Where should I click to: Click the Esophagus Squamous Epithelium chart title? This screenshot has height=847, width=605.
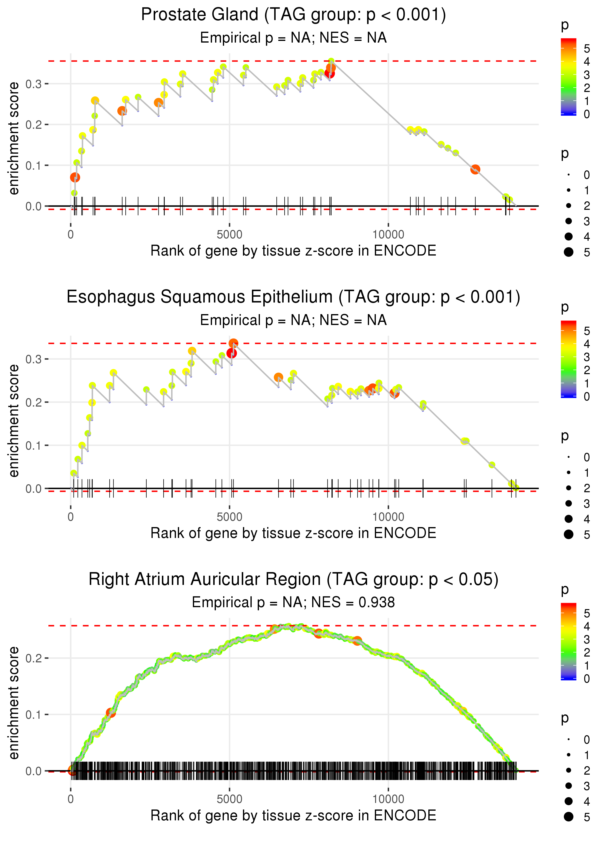(x=293, y=297)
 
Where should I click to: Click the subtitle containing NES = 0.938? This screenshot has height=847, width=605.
(x=293, y=602)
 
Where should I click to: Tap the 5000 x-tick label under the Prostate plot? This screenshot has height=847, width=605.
(x=229, y=235)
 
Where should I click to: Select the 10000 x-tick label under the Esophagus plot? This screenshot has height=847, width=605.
(x=388, y=517)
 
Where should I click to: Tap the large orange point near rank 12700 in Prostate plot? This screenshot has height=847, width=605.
(x=475, y=169)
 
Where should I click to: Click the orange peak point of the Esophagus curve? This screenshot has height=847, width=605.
(x=234, y=343)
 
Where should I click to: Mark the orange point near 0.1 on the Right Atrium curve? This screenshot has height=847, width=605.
(x=111, y=712)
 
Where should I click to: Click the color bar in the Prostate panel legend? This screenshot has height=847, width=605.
(x=568, y=76)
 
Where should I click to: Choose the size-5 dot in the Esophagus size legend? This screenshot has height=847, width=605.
(x=568, y=534)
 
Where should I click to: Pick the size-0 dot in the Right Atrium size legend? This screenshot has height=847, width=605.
(x=568, y=739)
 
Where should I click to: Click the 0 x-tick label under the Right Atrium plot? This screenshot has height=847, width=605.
(x=71, y=799)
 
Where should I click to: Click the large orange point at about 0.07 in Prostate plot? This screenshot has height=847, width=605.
(x=75, y=177)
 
